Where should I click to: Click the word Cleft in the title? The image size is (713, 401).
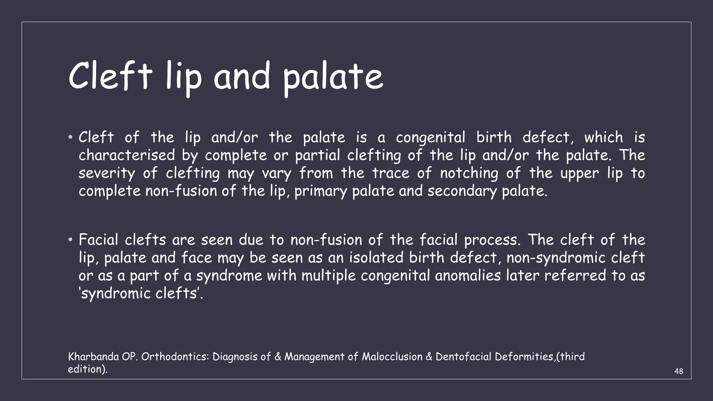(110, 76)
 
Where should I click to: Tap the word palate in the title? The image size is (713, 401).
(333, 77)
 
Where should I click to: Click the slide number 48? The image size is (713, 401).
(679, 371)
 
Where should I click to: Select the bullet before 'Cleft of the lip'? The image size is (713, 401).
(70, 137)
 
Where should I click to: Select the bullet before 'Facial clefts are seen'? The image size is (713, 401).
(70, 240)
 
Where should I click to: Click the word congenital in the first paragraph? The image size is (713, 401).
(430, 138)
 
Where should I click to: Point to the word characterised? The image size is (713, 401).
(127, 155)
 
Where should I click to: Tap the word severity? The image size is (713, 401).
(107, 173)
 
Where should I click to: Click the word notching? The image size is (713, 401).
(469, 173)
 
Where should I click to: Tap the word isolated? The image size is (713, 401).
(376, 258)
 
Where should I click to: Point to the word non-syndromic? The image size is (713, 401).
(551, 258)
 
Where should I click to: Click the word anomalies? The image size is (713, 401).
(468, 276)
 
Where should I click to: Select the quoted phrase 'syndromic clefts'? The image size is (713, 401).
(141, 293)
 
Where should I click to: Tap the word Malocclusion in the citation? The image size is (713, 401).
(392, 357)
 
